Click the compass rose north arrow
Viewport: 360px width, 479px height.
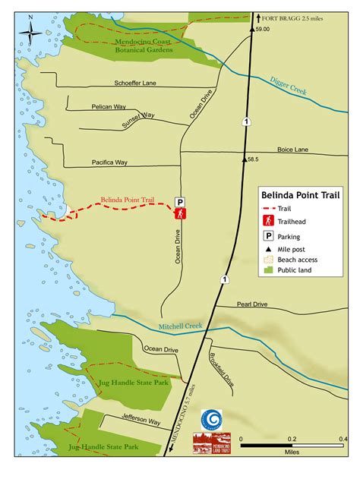point(31,33)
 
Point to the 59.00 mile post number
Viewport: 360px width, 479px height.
point(263,29)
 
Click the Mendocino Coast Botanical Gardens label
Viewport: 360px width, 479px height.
point(144,46)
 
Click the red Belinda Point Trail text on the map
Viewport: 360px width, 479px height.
point(128,201)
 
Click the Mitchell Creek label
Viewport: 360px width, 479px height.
point(181,326)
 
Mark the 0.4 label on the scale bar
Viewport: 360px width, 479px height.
point(343,439)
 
